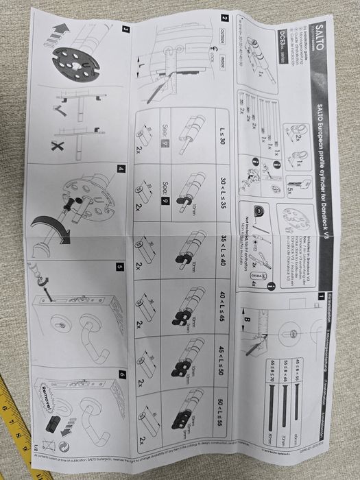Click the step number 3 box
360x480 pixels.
125,29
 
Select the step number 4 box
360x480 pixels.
121,169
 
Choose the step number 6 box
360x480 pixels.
121,374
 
